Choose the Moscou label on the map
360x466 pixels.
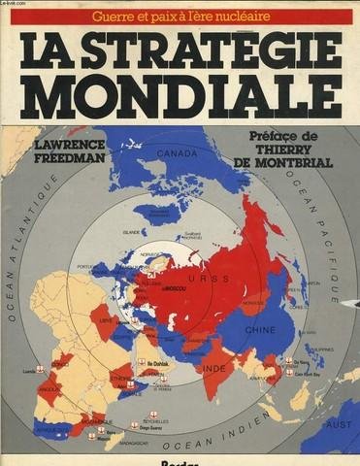[177, 290]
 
